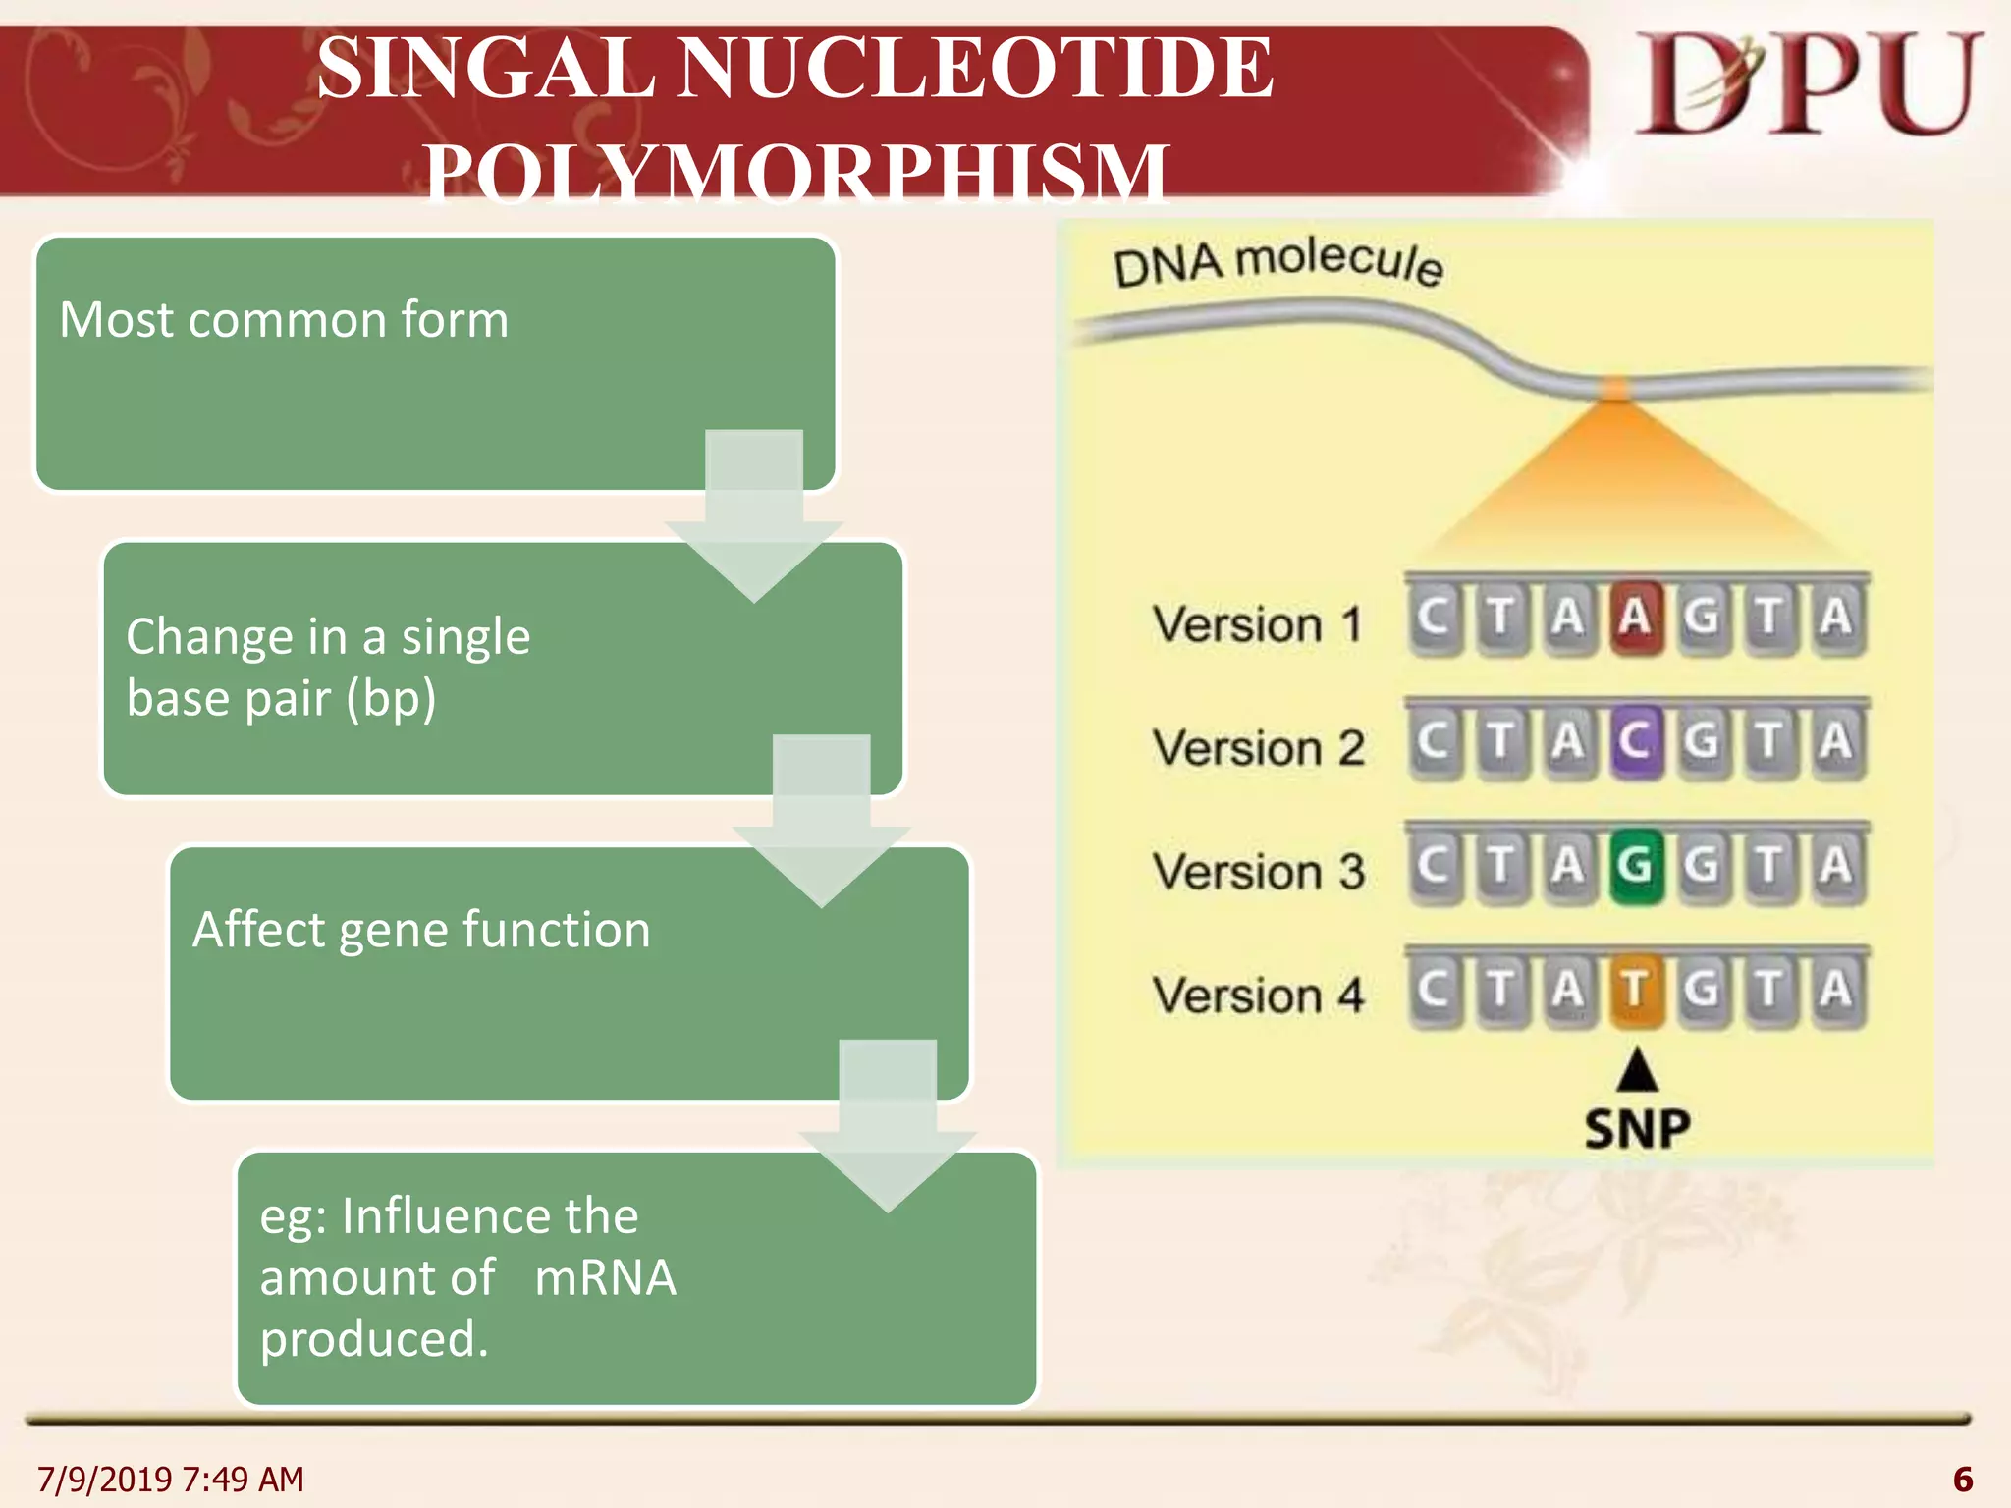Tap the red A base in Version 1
[x=1635, y=618]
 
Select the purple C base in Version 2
[x=1635, y=741]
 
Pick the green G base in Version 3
[x=1635, y=865]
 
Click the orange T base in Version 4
[x=1635, y=989]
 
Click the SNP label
[x=1637, y=1129]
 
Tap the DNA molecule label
[x=1277, y=263]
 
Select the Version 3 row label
[x=1259, y=871]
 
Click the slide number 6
[x=1963, y=1479]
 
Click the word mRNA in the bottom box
[x=605, y=1278]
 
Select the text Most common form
[x=284, y=320]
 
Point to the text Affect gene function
[x=421, y=929]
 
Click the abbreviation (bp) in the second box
[x=390, y=699]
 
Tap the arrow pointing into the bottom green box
[x=888, y=1129]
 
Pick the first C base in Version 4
[x=1434, y=989]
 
